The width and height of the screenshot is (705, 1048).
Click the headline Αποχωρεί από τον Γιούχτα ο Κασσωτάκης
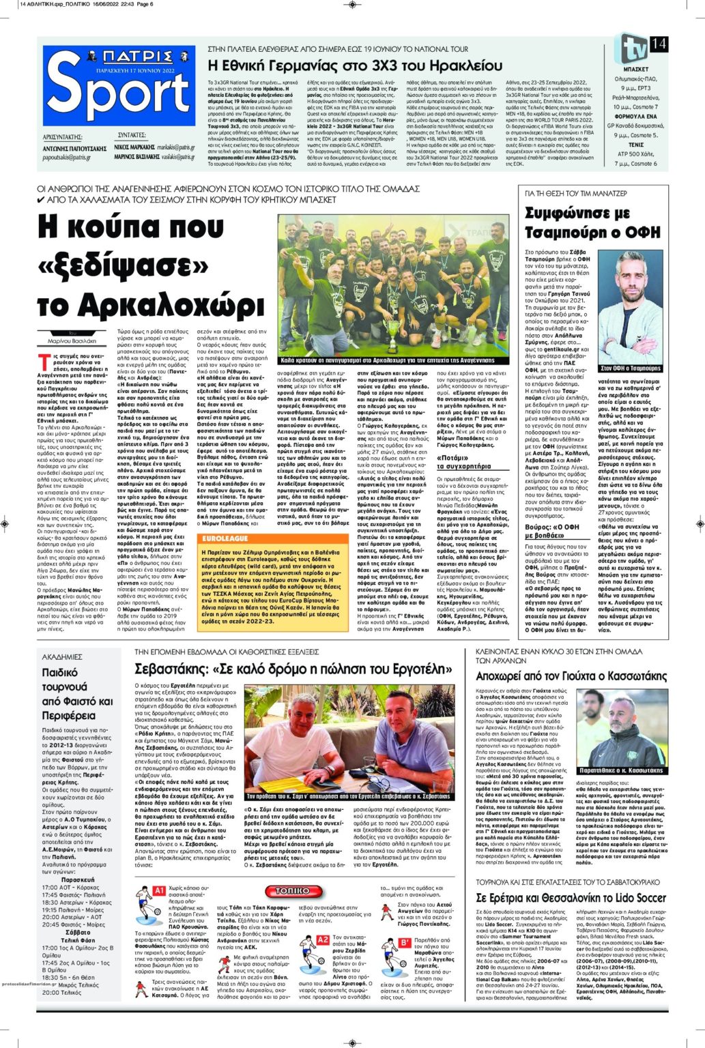pyautogui.click(x=571, y=675)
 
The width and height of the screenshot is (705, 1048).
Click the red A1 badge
pyautogui.click(x=158, y=890)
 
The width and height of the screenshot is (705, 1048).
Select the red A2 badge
pyautogui.click(x=323, y=940)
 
